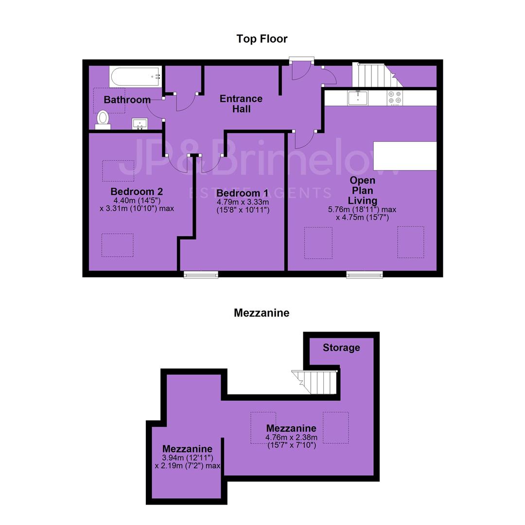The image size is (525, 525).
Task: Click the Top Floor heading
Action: coord(262,39)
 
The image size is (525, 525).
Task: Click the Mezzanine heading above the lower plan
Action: coord(262,313)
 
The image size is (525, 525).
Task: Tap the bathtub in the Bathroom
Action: coord(135,77)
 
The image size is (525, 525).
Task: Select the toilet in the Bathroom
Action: coord(103,120)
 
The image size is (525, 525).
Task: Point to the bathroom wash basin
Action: coord(140,123)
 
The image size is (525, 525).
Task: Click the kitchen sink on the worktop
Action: coord(358,97)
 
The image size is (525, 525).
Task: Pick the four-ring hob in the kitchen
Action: coord(395,98)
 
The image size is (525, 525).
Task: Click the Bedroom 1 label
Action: coord(243,193)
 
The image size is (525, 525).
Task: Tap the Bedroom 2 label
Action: coord(137,192)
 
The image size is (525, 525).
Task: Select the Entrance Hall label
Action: coord(241,104)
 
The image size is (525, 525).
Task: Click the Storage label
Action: coord(341,348)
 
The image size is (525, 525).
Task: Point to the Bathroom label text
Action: coord(127,100)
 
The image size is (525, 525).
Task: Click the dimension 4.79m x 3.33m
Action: coord(243,202)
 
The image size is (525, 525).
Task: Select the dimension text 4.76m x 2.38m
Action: coord(291,437)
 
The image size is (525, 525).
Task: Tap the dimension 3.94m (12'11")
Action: coord(188,458)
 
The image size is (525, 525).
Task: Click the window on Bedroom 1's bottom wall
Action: coord(201,275)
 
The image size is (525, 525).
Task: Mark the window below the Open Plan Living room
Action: coord(364,275)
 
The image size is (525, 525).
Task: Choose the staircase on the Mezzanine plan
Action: coord(314,382)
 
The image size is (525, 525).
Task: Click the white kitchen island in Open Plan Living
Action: coord(405,156)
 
